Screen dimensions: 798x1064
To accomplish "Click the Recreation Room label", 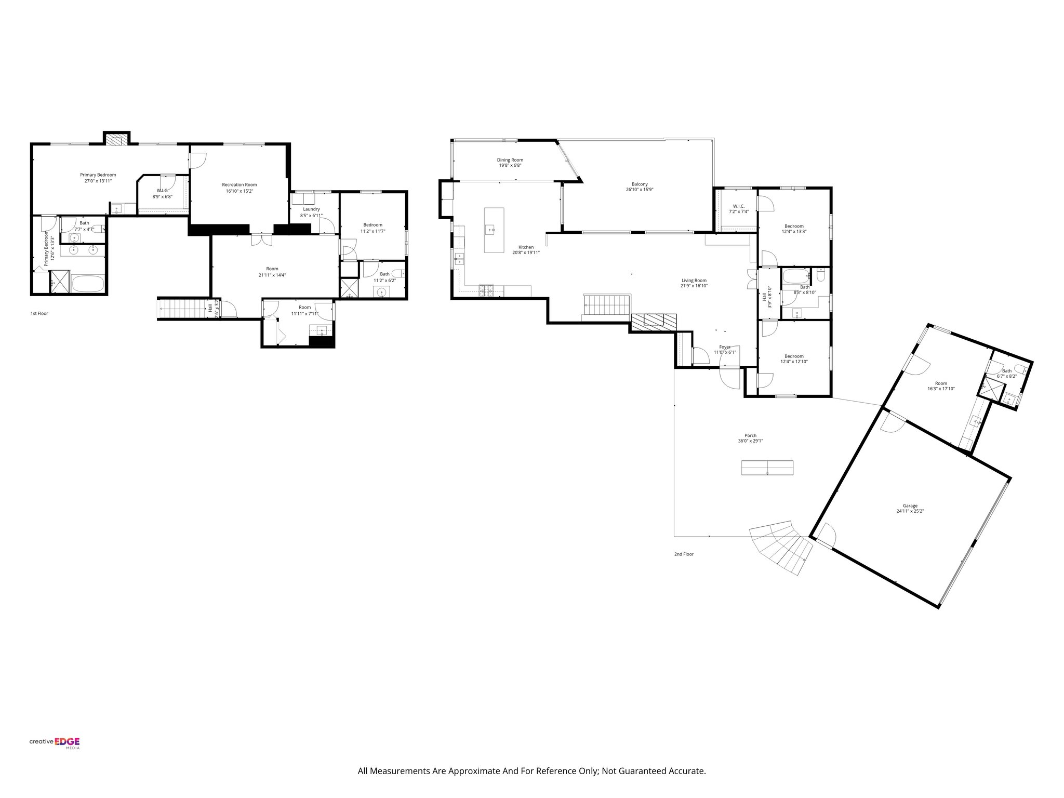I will point(239,184).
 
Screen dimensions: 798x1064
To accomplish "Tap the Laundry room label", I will point(311,209).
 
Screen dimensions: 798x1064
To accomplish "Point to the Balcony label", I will point(640,184).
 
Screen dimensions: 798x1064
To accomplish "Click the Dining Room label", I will point(510,160).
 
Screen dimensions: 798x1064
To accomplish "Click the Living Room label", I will point(694,280).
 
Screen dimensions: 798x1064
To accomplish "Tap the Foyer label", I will point(725,347).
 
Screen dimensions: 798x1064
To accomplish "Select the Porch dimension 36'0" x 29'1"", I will point(750,441).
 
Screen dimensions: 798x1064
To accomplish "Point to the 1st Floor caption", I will point(39,313).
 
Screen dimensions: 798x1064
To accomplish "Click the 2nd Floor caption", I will point(684,554).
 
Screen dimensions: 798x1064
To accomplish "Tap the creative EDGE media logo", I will point(55,742).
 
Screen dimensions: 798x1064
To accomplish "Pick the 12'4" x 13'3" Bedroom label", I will point(794,226).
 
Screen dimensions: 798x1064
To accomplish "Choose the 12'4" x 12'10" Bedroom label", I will point(794,356).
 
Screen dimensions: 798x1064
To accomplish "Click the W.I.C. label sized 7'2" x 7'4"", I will point(739,206).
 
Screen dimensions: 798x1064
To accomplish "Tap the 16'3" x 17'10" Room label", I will point(941,382).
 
